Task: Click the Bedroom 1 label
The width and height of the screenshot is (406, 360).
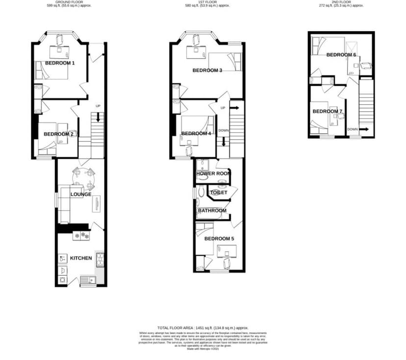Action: [60, 63]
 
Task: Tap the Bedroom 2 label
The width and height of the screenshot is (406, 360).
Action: [58, 134]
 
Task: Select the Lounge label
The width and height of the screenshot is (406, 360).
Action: [81, 194]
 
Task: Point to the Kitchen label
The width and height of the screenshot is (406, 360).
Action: [81, 258]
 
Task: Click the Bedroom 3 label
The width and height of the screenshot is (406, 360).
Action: [207, 71]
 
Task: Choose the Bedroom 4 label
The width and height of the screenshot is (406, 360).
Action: [196, 134]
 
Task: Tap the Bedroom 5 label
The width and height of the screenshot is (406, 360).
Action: [219, 239]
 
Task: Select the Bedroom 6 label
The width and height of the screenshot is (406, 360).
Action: [341, 55]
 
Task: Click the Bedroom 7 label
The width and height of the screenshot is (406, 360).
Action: [327, 112]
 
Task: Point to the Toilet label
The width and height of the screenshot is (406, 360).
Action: [219, 193]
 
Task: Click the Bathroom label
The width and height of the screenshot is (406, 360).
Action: [212, 211]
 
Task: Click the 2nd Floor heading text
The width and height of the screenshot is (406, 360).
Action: [341, 2]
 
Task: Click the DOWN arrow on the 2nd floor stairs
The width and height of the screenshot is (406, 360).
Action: [365, 129]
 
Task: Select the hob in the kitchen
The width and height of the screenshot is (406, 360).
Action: [81, 236]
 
